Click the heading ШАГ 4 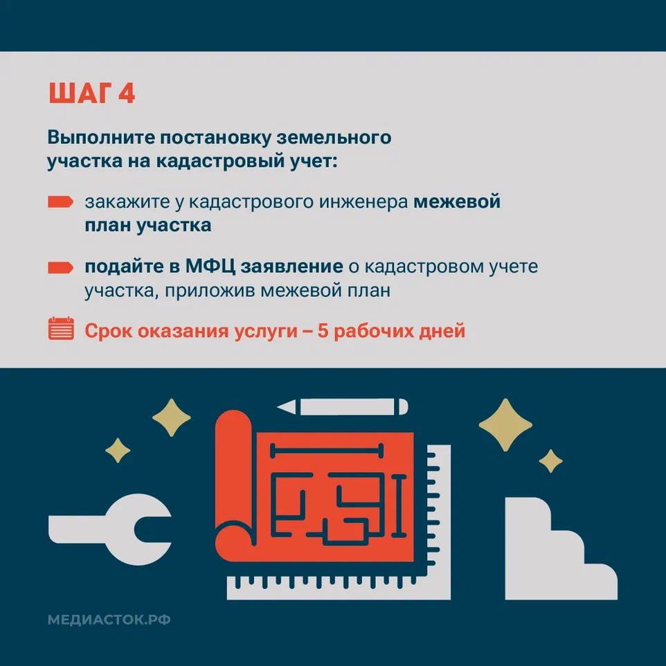[92, 93]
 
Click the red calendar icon [61, 328]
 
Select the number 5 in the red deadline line [323, 331]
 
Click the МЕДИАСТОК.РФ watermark [109, 620]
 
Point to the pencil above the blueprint [342, 407]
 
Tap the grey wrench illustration [110, 529]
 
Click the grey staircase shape [561, 548]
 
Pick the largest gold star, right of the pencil [505, 425]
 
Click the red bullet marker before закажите [61, 201]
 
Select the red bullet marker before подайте [61, 268]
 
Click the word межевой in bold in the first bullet [457, 201]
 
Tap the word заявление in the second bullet [291, 267]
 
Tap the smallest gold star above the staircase [551, 461]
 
